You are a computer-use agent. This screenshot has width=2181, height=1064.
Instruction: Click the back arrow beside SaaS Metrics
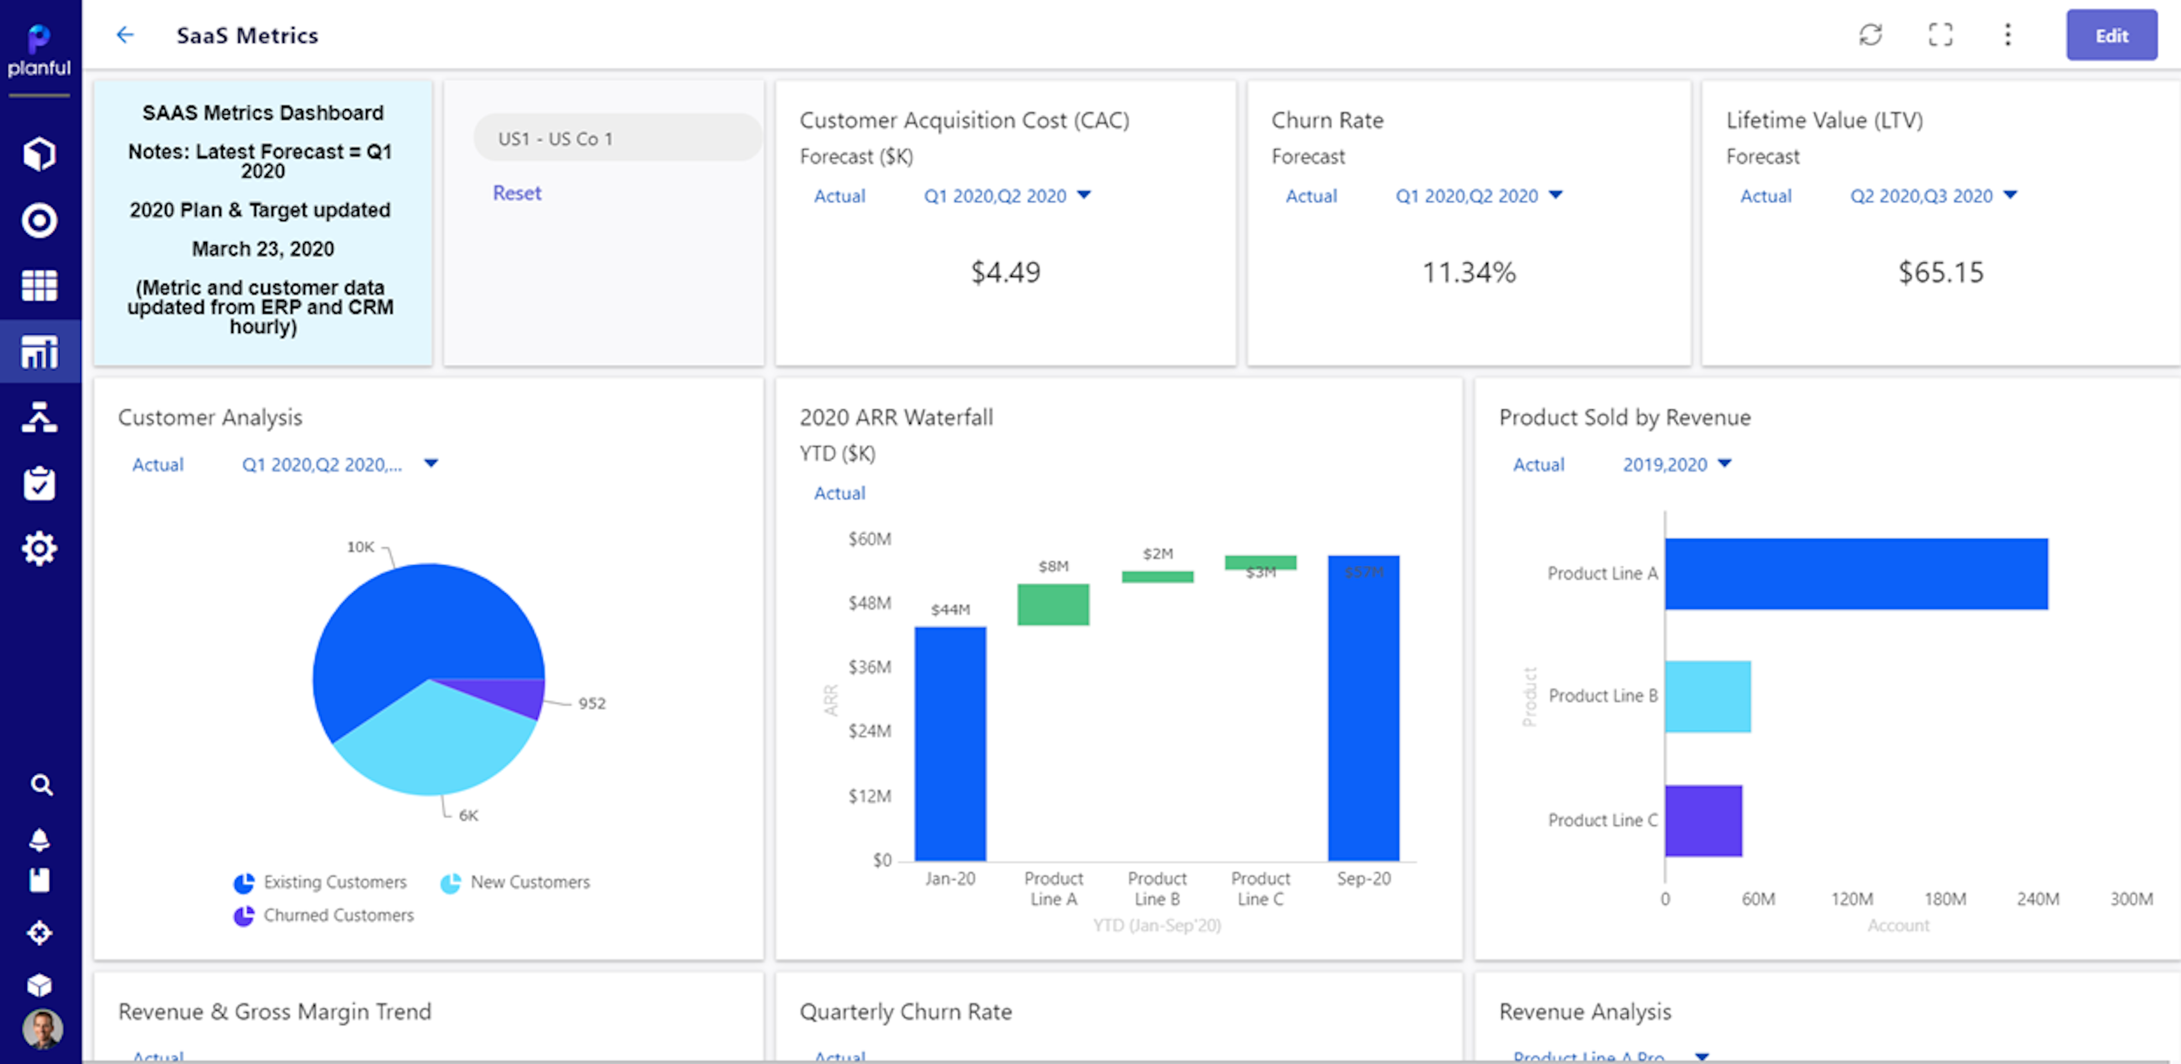click(125, 34)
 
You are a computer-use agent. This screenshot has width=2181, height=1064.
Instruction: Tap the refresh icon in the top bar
click(1870, 34)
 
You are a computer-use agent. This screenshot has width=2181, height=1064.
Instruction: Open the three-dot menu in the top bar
click(2008, 34)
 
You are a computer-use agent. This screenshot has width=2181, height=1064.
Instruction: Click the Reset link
click(517, 193)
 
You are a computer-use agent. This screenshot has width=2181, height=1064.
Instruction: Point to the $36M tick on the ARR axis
click(870, 667)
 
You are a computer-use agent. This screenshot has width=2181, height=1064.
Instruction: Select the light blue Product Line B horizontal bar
click(1707, 696)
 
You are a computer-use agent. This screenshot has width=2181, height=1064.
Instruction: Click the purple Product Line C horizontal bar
click(1703, 820)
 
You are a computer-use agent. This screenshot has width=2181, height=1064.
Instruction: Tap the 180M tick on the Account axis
click(1945, 899)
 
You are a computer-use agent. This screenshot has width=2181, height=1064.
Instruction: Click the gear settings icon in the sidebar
click(39, 549)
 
